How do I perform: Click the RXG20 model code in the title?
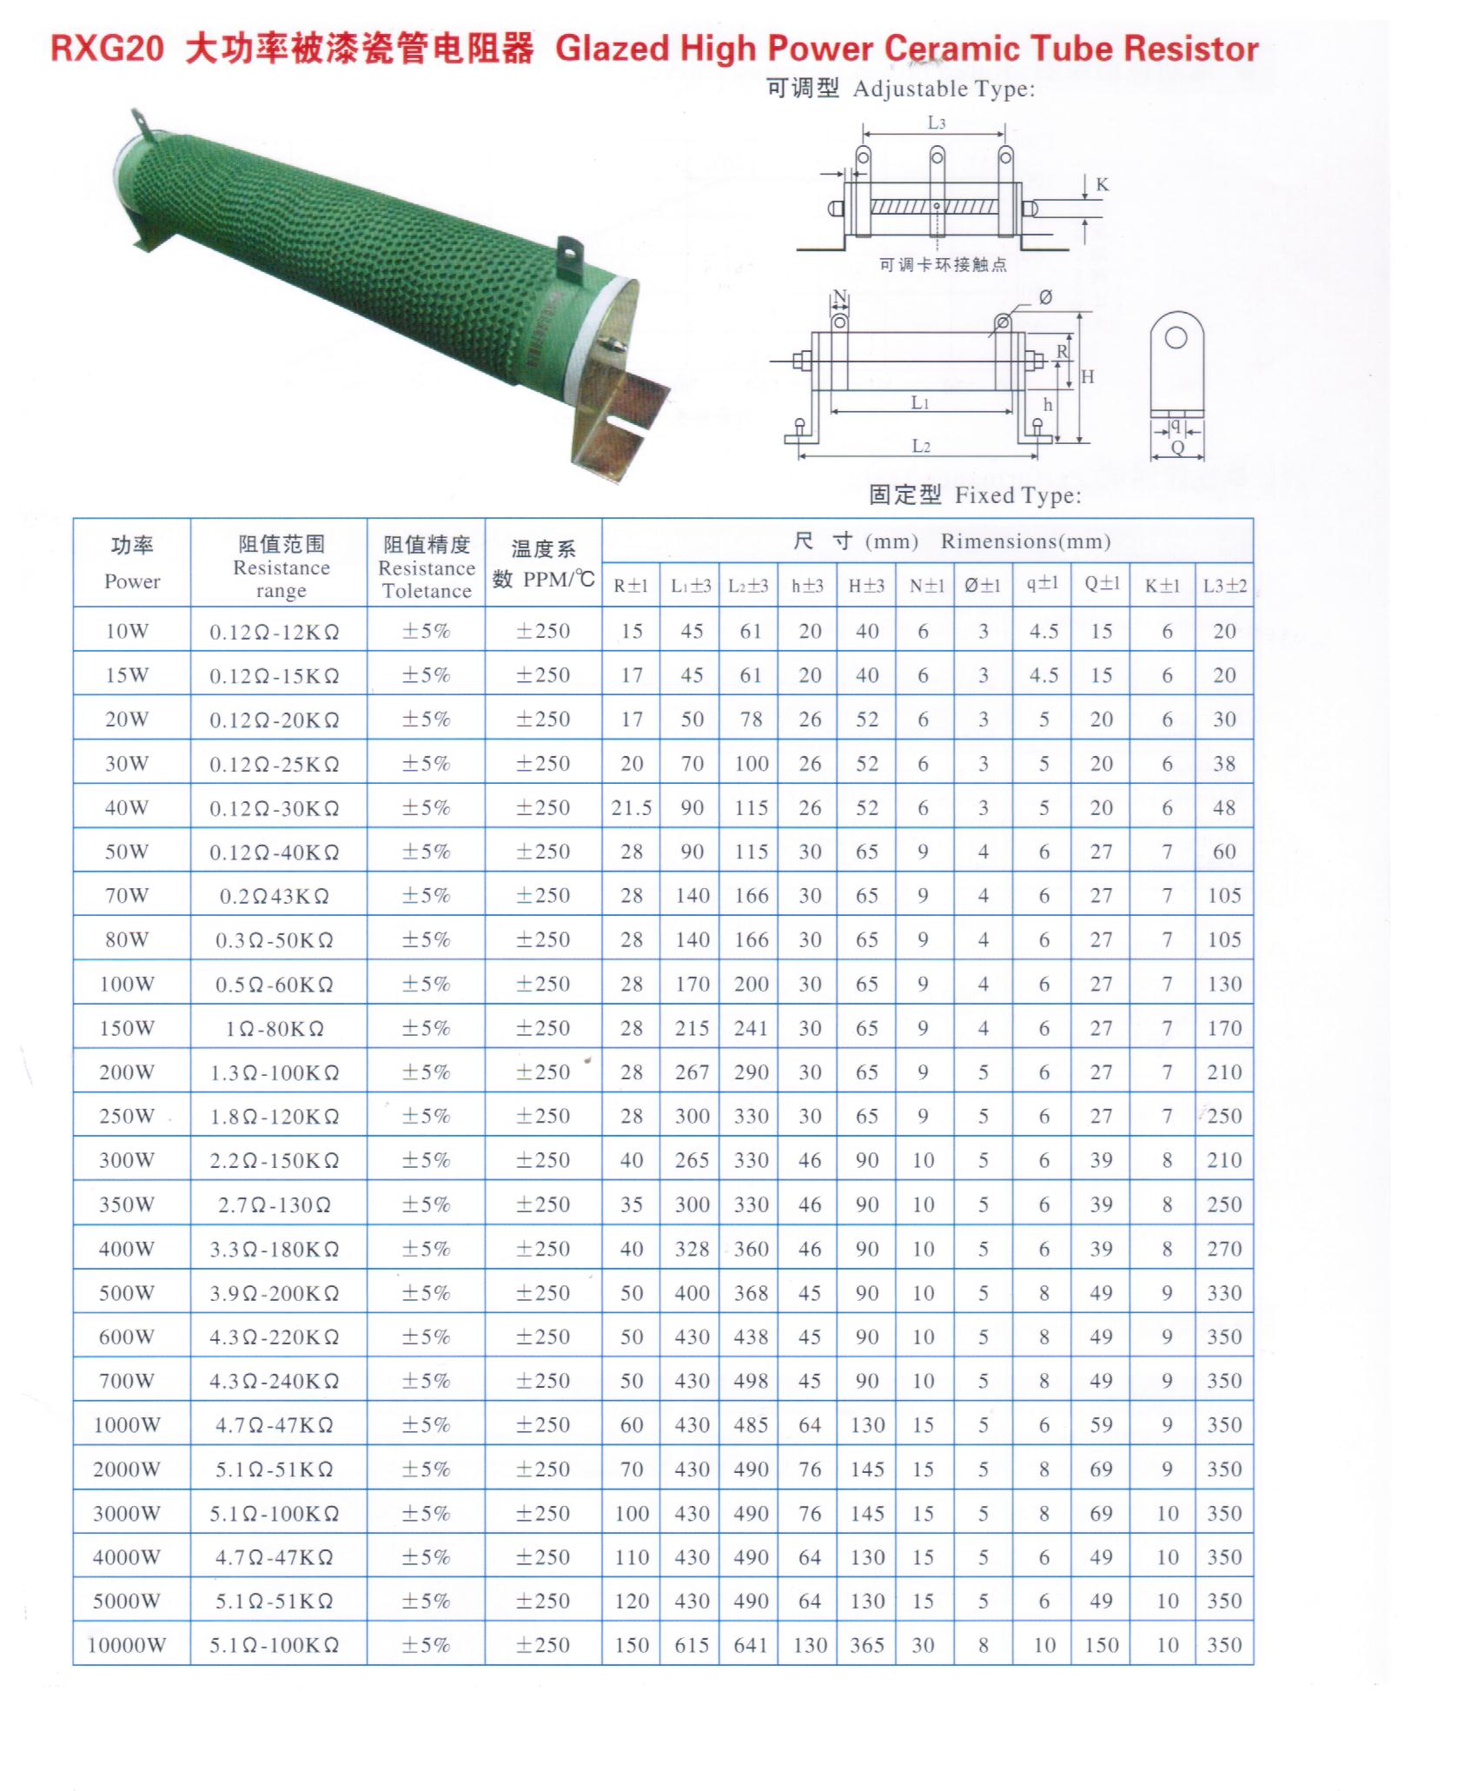click(x=107, y=49)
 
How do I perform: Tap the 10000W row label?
click(x=127, y=1645)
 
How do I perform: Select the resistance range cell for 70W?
click(x=275, y=896)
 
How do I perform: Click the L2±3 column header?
click(x=748, y=586)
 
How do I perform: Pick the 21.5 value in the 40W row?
click(x=632, y=808)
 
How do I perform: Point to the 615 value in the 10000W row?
click(x=692, y=1645)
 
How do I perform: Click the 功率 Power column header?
click(x=132, y=563)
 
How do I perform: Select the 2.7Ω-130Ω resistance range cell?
click(x=275, y=1204)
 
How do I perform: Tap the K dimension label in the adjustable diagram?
click(x=1103, y=185)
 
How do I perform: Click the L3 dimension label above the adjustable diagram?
click(x=936, y=123)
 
